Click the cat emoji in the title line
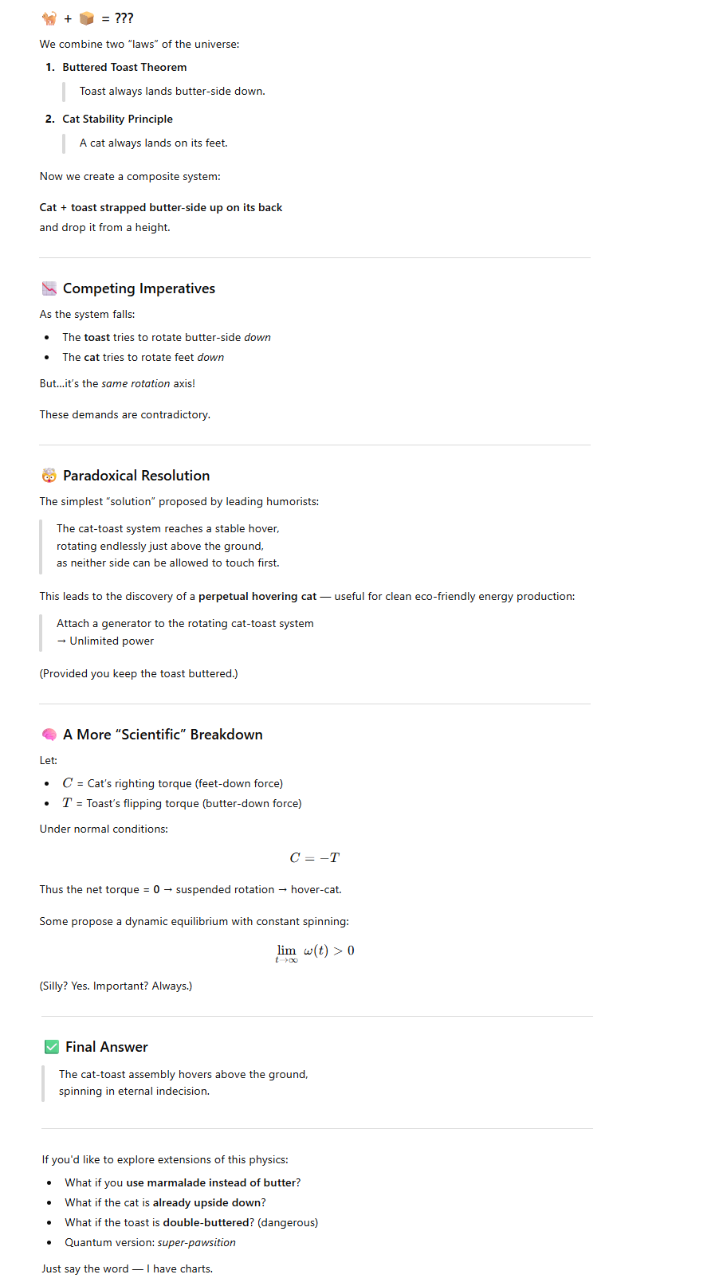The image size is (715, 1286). coord(49,18)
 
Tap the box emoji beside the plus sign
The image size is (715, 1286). coord(87,18)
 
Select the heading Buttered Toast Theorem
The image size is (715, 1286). coord(124,68)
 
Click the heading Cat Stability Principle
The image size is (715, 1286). coord(117,120)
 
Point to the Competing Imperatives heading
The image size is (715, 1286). coord(139,288)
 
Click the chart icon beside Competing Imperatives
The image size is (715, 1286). coord(49,288)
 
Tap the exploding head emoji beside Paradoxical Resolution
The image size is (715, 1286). coord(49,476)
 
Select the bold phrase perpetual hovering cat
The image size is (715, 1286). coord(257,597)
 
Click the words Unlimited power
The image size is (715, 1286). coord(112,641)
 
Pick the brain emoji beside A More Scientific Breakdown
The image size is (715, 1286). coord(49,735)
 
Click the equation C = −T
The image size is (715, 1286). coord(315,858)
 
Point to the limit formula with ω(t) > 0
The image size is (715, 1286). coord(315,951)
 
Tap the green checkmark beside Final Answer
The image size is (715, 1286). coord(52,1047)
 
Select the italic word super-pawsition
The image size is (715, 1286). coord(197,1243)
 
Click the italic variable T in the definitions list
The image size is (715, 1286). coord(67,803)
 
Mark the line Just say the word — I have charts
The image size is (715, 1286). coord(128,1269)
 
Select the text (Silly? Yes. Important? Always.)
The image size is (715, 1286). coord(116,986)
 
